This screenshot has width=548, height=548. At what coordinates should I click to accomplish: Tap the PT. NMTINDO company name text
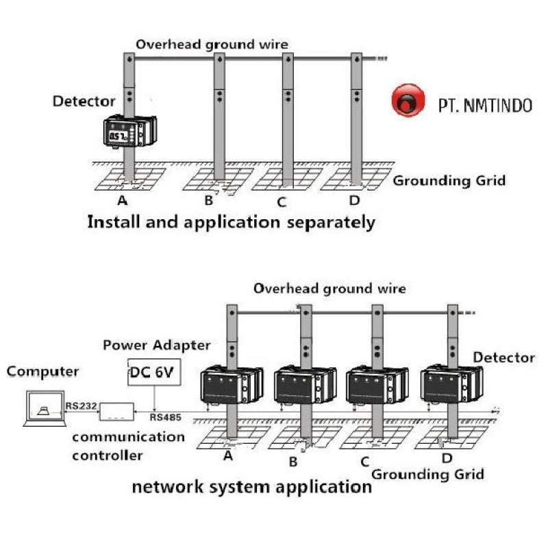pyautogui.click(x=484, y=105)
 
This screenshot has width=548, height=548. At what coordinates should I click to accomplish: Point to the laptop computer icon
pyautogui.click(x=43, y=409)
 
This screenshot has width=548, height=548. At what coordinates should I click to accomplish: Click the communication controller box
pyautogui.click(x=121, y=412)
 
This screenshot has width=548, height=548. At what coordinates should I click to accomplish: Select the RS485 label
pyautogui.click(x=166, y=416)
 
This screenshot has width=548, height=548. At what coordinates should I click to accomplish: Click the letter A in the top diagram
pyautogui.click(x=123, y=201)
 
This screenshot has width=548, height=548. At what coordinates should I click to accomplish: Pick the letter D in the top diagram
pyautogui.click(x=354, y=201)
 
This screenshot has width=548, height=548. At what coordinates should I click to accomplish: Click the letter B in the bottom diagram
pyautogui.click(x=293, y=462)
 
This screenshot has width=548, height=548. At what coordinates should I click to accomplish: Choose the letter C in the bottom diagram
pyautogui.click(x=365, y=462)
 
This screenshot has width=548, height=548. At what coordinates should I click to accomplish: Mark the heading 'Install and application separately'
pyautogui.click(x=232, y=222)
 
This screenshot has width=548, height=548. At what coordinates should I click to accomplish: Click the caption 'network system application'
pyautogui.click(x=251, y=487)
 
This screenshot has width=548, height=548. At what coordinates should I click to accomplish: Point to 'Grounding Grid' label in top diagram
pyautogui.click(x=449, y=181)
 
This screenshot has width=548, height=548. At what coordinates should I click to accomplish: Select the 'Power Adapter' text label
pyautogui.click(x=157, y=345)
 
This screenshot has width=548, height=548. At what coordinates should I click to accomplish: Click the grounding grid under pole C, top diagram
pyautogui.click(x=282, y=179)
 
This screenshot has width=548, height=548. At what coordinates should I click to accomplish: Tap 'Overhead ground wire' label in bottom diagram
pyautogui.click(x=329, y=288)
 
